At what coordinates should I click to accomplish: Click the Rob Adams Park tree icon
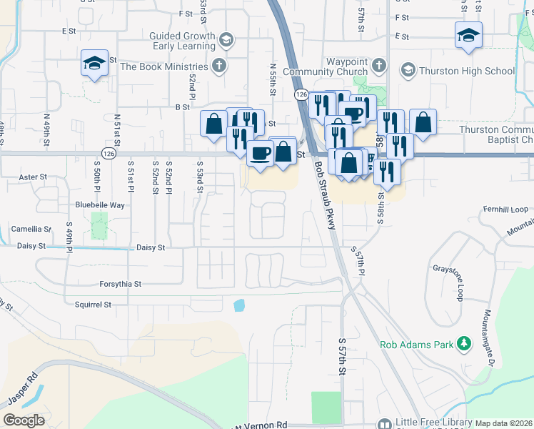(x=465, y=344)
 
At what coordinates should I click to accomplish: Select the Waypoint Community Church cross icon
(x=378, y=66)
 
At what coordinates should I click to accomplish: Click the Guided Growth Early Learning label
(x=182, y=41)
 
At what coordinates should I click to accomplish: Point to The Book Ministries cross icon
(x=219, y=66)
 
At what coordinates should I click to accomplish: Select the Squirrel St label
(x=93, y=305)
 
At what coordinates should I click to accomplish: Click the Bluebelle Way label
(x=100, y=204)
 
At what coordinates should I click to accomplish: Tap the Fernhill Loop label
(x=505, y=209)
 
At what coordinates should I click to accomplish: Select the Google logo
(x=24, y=420)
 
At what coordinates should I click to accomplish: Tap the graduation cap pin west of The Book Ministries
(x=94, y=63)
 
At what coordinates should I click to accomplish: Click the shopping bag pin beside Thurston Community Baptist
(x=423, y=122)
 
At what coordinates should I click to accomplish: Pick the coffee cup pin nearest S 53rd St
(x=261, y=152)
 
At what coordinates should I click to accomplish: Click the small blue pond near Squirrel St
(x=238, y=305)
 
